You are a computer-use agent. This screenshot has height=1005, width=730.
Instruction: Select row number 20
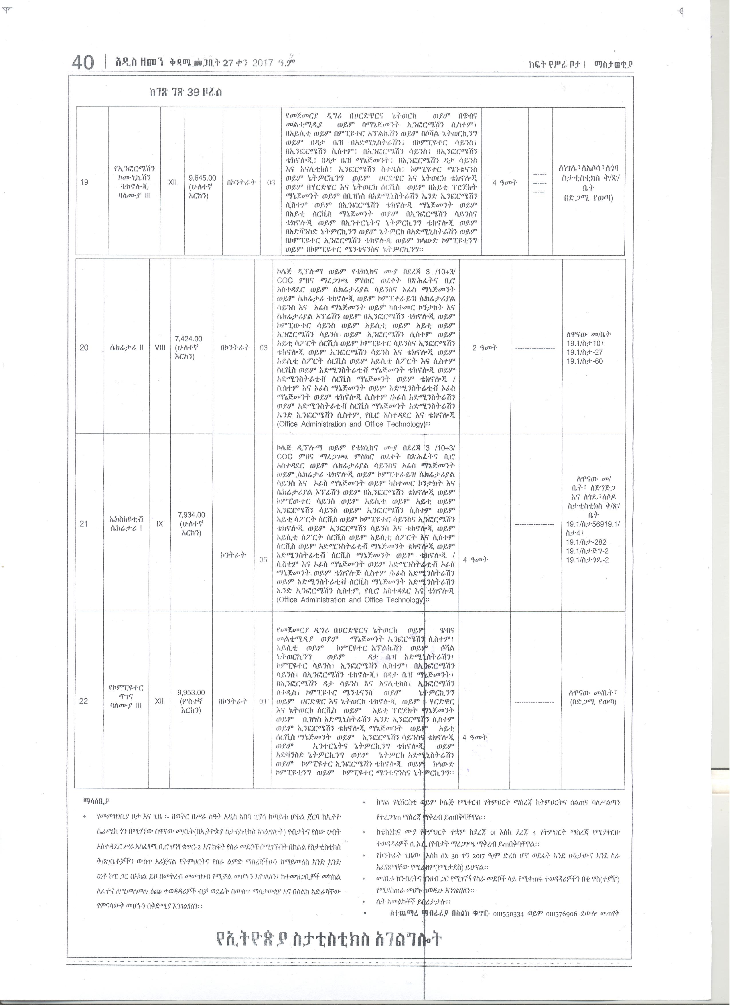(84, 348)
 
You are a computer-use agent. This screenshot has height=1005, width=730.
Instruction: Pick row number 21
(84, 524)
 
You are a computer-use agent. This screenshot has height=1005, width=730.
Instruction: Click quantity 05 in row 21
(264, 560)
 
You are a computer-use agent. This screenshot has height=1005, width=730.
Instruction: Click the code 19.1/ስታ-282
(586, 542)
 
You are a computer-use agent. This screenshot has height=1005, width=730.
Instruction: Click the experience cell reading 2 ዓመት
(485, 348)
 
